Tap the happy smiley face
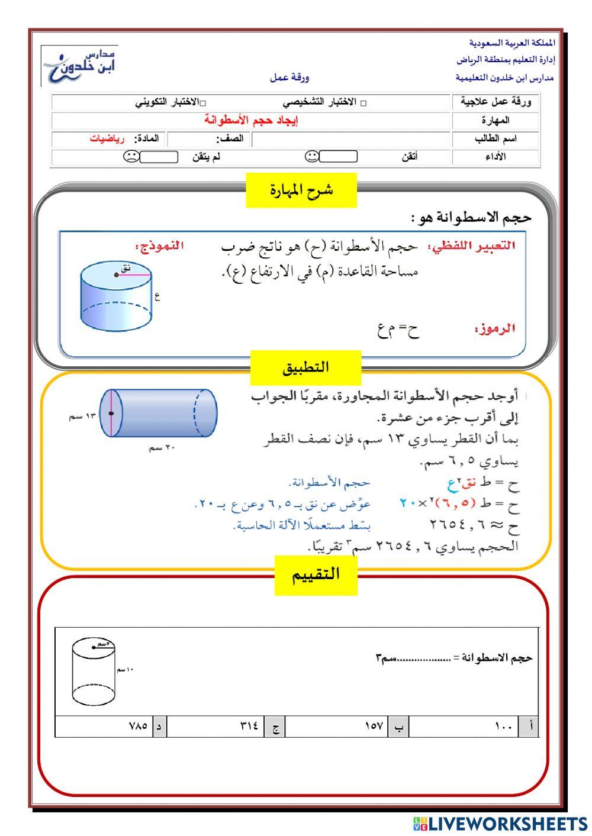point(312,156)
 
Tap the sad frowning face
point(131,157)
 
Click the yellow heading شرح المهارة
point(301,190)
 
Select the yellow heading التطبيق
point(305,367)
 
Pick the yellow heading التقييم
point(316,574)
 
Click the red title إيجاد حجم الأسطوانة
point(252,120)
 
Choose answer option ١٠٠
point(503,726)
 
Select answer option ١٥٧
point(374,726)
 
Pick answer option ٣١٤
point(249,726)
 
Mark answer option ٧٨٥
point(137,726)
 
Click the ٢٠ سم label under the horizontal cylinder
point(162,448)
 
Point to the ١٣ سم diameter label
point(82,417)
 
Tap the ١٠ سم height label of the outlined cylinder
point(125,669)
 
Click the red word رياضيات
point(107,139)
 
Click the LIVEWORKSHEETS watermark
point(500,824)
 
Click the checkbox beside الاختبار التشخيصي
point(363,103)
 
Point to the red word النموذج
point(159,245)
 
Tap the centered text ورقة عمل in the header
point(289,78)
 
